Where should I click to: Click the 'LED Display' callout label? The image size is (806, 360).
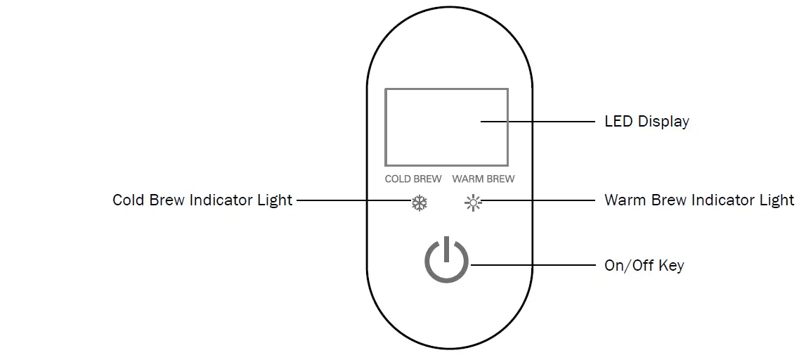click(646, 122)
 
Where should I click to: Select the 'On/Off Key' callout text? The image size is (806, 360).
click(644, 266)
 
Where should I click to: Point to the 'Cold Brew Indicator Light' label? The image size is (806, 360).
click(202, 200)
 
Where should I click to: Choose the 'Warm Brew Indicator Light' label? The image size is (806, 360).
click(699, 200)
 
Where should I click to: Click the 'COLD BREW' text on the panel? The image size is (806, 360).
click(413, 179)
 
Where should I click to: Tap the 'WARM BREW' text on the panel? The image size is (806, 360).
click(483, 179)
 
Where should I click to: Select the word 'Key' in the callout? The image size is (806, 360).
click(671, 266)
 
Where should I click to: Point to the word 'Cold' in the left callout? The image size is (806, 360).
click(129, 200)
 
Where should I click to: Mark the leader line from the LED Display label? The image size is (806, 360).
click(538, 122)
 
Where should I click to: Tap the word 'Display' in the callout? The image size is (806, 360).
click(663, 122)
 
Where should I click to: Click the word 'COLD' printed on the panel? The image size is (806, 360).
click(398, 179)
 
